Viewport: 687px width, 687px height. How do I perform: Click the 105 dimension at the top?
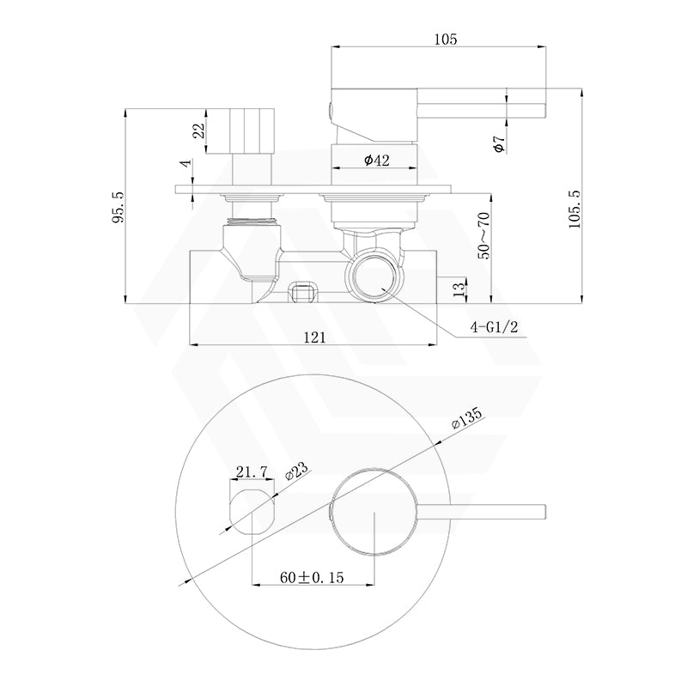point(446,39)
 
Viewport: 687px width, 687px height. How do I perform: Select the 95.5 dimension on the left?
point(119,207)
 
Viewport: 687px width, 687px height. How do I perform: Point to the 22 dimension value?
point(199,131)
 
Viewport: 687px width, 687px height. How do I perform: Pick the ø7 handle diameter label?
point(500,143)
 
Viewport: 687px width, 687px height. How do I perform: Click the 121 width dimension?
point(314,338)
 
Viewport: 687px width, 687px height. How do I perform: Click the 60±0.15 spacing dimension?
point(311,578)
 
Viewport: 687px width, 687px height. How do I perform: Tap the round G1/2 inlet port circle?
point(373,276)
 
